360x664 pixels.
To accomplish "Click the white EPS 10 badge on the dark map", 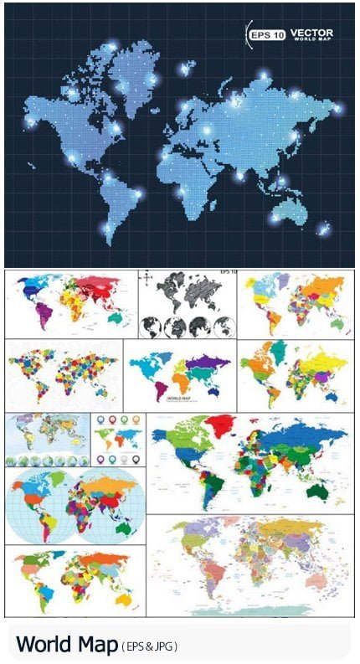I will tap(266, 34).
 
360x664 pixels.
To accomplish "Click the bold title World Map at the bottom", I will tap(66, 645).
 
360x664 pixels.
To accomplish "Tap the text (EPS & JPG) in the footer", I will tap(150, 646).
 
